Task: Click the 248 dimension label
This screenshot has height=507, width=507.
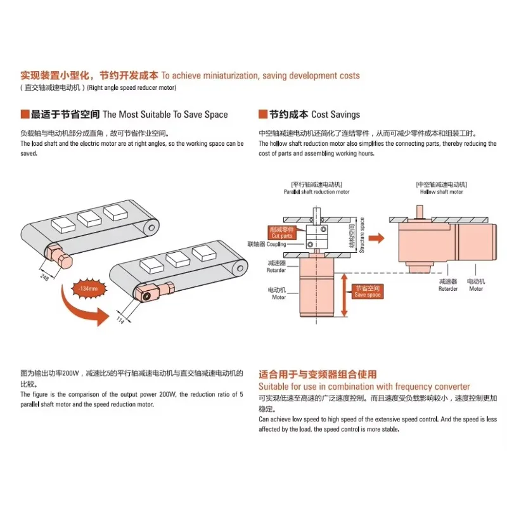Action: (x=44, y=276)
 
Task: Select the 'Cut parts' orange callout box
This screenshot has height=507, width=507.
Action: (x=281, y=233)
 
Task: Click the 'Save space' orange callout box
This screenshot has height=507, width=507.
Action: (x=368, y=292)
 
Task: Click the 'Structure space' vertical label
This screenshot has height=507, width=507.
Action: (x=363, y=235)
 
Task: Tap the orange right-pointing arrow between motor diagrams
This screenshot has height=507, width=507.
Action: (x=376, y=238)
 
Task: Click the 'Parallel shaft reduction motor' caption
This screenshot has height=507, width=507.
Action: (x=316, y=188)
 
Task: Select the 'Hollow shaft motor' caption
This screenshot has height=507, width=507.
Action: (x=442, y=188)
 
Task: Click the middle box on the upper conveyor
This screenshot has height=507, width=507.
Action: (x=89, y=219)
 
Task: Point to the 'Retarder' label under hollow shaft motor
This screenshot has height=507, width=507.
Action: (x=447, y=285)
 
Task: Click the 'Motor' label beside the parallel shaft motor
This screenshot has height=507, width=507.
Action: (x=279, y=293)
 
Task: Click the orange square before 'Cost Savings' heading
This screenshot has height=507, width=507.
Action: (x=263, y=115)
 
